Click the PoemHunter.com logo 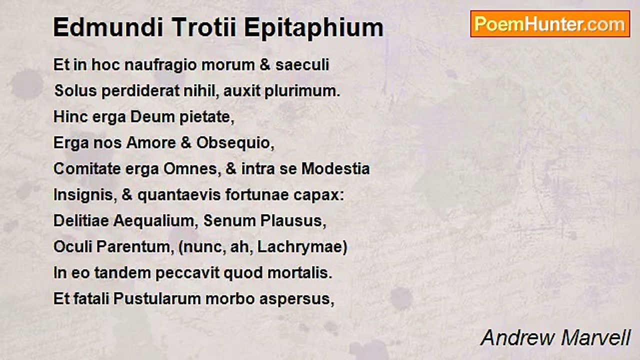550,23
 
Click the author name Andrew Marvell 555,338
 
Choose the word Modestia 335,169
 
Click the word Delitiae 81,221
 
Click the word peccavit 185,273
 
